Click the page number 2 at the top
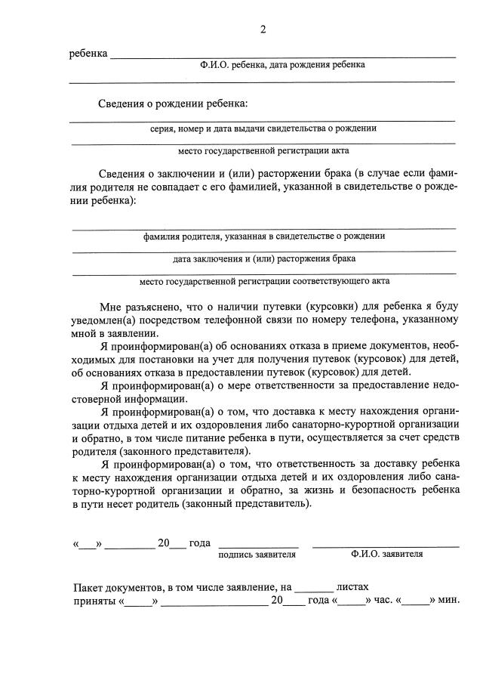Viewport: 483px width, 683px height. tap(263, 29)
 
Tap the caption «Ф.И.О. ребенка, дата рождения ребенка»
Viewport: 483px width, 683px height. tap(282, 65)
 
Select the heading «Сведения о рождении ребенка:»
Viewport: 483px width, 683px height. tap(172, 104)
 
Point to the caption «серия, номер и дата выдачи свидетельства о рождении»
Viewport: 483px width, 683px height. tap(263, 128)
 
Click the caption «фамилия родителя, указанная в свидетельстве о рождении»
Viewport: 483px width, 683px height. tap(264, 236)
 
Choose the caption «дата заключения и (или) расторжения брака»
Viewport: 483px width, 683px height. tap(264, 258)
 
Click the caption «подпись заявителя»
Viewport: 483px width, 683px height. tap(257, 554)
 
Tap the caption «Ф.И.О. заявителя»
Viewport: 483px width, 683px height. tap(386, 554)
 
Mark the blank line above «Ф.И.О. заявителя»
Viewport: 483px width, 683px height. tap(386, 545)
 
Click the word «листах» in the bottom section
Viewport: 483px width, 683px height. tap(352, 586)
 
